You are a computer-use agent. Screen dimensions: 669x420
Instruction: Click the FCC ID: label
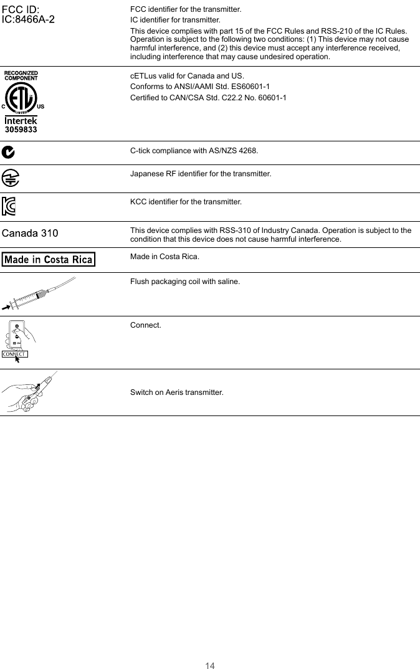click(21, 10)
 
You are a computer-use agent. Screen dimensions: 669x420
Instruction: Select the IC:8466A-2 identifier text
click(29, 19)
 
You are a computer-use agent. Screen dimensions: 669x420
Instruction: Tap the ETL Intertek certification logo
click(21, 97)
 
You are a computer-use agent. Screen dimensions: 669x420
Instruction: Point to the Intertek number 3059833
click(21, 130)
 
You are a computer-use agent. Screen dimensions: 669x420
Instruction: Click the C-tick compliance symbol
click(9, 151)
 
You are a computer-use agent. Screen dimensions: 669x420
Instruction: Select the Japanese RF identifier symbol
click(10, 178)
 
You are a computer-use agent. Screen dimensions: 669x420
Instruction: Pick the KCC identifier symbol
click(9, 206)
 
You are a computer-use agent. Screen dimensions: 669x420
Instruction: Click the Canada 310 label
click(31, 234)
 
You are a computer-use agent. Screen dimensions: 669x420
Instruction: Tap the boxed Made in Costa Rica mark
click(49, 259)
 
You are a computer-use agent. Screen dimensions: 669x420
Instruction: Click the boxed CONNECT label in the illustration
click(14, 354)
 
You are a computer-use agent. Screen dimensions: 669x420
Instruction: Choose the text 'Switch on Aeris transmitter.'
click(176, 392)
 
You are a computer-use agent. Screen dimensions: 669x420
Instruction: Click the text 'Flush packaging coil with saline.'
click(184, 282)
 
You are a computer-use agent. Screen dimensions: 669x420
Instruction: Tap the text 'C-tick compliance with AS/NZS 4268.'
click(194, 151)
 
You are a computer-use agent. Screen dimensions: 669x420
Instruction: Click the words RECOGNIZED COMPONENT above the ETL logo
click(21, 75)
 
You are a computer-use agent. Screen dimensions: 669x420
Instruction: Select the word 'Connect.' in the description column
click(145, 325)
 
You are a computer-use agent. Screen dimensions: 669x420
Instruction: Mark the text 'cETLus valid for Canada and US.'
click(187, 75)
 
